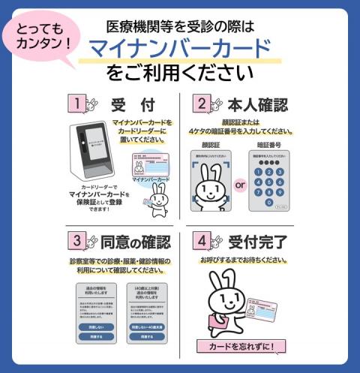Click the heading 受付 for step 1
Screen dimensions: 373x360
point(128,104)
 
